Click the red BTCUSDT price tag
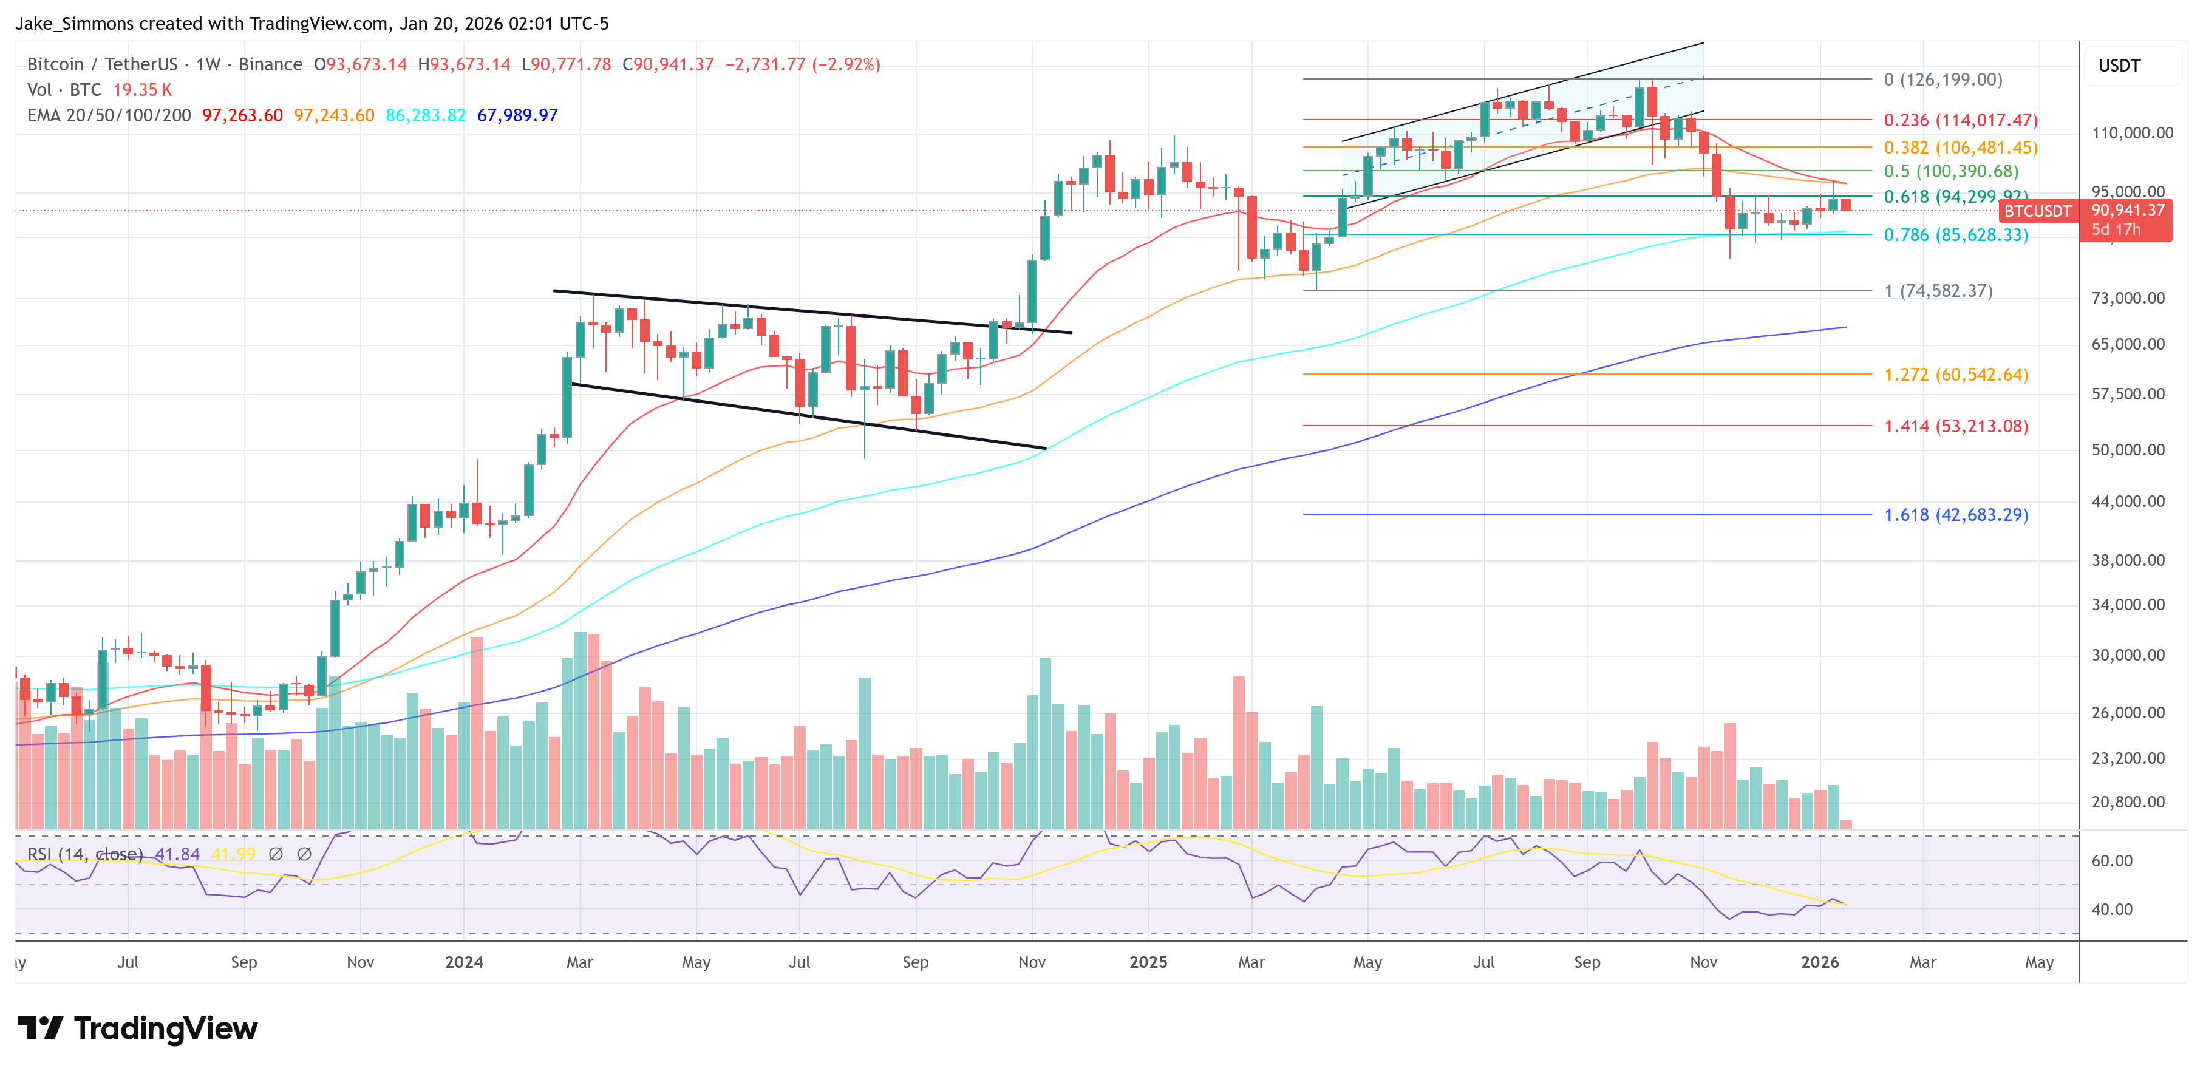click(2038, 211)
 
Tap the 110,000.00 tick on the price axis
click(2131, 132)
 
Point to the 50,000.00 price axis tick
click(2128, 450)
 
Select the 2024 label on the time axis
click(463, 962)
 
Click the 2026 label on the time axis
click(1819, 962)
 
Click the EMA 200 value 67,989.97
click(517, 115)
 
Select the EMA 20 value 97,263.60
click(242, 115)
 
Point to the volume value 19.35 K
click(142, 90)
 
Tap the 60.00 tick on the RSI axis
click(2111, 861)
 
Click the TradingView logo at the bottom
click(138, 1028)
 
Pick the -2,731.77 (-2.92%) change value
click(802, 64)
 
